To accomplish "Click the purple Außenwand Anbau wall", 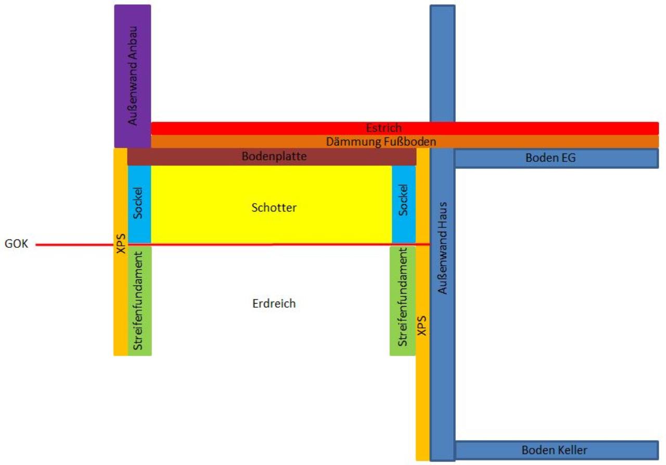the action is click(x=133, y=76).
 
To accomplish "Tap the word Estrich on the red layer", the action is click(x=384, y=128).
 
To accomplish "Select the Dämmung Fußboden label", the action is click(x=381, y=142).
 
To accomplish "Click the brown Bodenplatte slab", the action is click(x=272, y=157).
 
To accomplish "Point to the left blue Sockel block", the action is click(x=139, y=204).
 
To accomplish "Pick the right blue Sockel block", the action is click(x=404, y=204).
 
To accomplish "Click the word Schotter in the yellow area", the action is click(x=274, y=208).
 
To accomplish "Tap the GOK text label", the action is click(x=16, y=244).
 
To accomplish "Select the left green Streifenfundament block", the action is click(x=140, y=301).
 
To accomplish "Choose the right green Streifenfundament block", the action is click(x=403, y=301).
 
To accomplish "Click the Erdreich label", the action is click(x=274, y=304).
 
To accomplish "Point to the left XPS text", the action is click(x=121, y=243).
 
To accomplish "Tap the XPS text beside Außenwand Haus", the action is click(x=422, y=325).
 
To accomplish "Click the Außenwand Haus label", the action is click(x=443, y=248).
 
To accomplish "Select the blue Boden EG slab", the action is click(x=557, y=158).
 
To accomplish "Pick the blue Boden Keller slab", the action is click(x=557, y=450).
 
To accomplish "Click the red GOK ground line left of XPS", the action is click(x=74, y=245).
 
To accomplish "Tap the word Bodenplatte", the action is click(x=274, y=156).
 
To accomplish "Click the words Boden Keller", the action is click(x=554, y=450).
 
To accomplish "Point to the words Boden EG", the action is click(x=550, y=158).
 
